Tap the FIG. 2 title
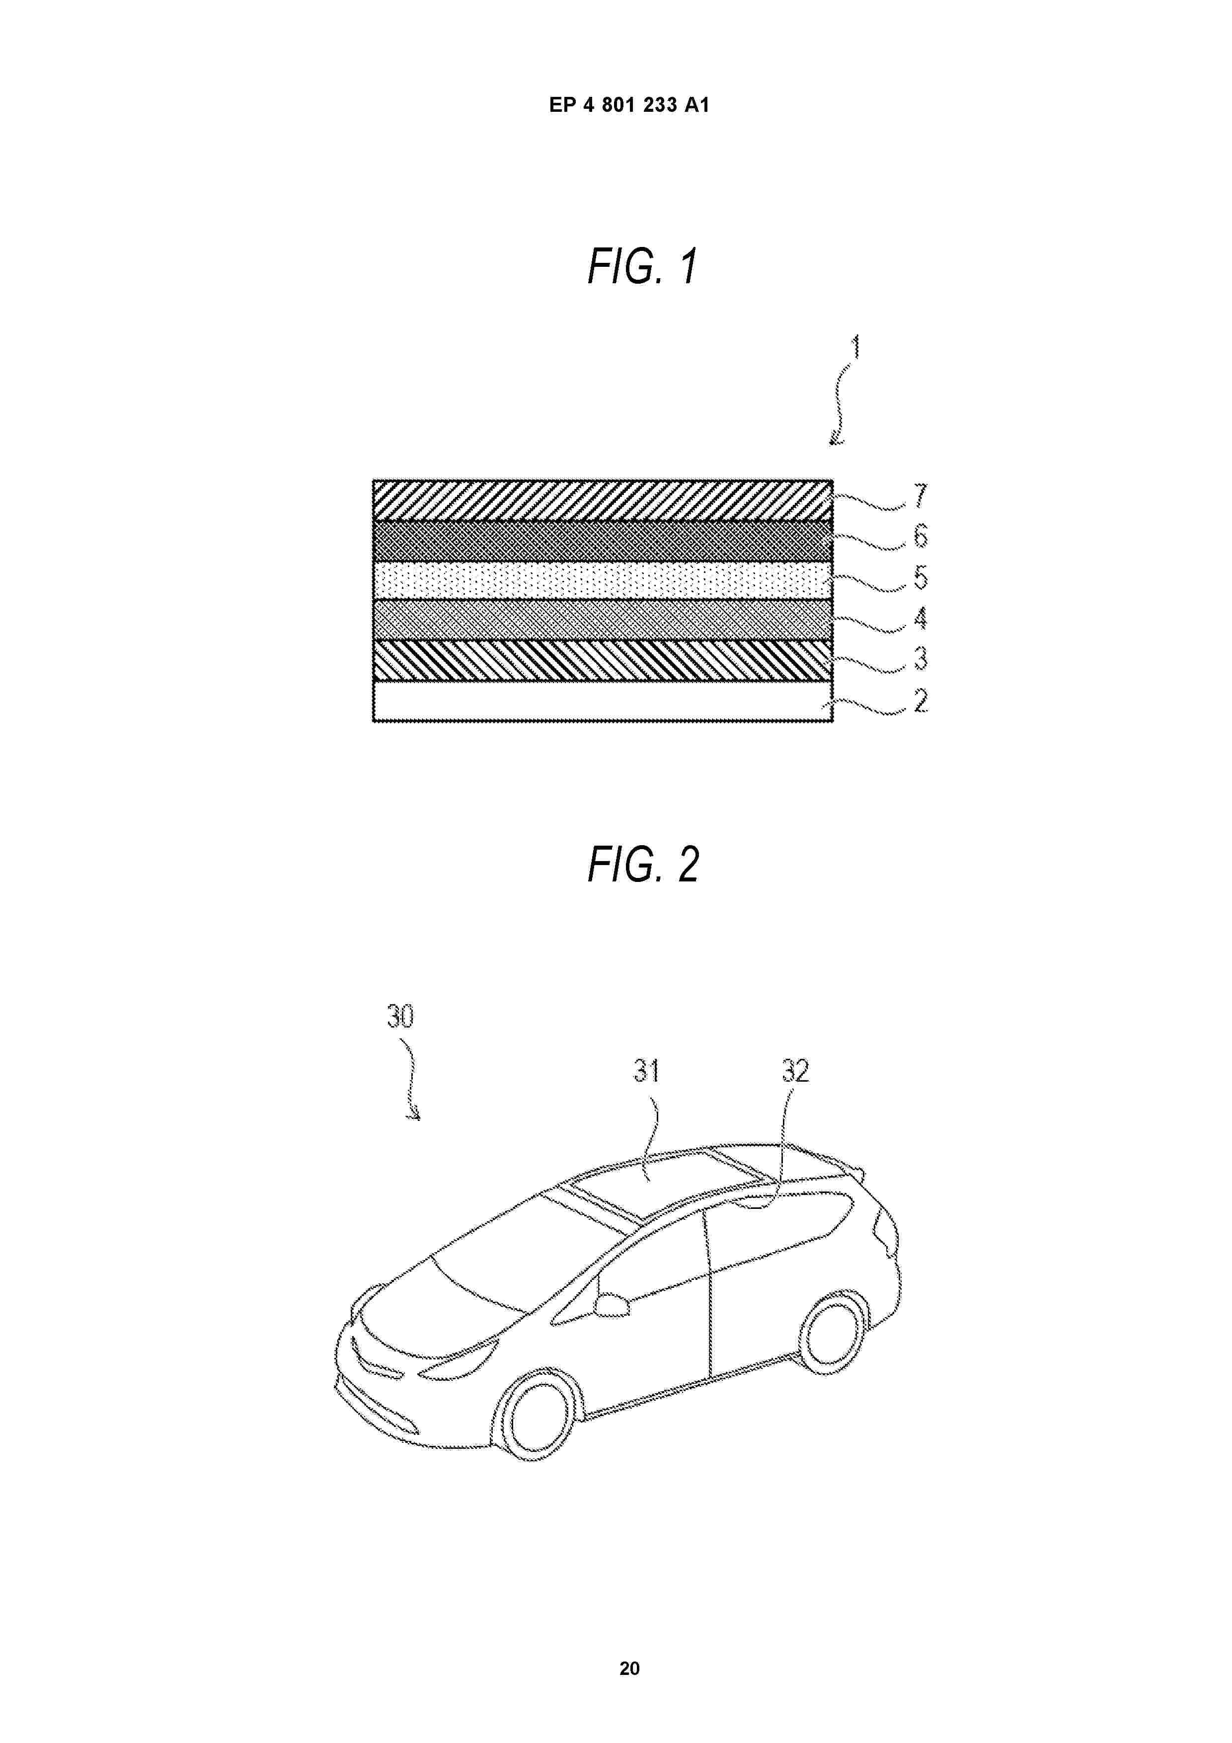pos(643,865)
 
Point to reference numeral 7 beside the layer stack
pos(921,496)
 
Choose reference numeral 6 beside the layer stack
pos(921,537)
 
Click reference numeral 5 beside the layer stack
pos(921,578)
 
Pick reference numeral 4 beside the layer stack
pos(921,619)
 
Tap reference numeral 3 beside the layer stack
pos(921,659)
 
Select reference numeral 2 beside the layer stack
pos(921,701)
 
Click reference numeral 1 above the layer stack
pos(856,348)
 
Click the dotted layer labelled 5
pos(603,581)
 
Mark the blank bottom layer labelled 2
pos(603,701)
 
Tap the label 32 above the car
pos(795,1071)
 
